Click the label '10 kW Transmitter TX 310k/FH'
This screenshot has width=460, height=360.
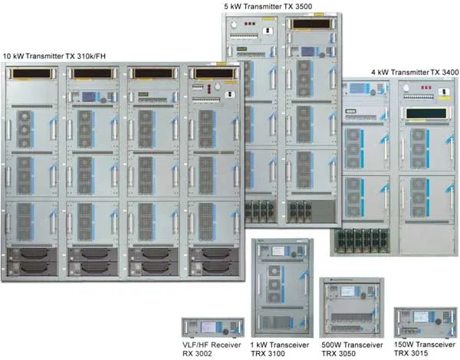tap(54, 56)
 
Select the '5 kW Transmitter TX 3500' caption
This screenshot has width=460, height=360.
tap(268, 6)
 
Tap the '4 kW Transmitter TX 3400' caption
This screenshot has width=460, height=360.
tap(415, 72)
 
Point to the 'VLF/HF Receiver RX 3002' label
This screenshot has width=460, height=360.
tap(212, 349)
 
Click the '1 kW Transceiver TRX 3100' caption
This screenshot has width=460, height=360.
tap(280, 349)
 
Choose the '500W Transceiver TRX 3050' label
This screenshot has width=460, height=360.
tap(352, 349)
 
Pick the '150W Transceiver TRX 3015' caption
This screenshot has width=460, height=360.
tap(425, 349)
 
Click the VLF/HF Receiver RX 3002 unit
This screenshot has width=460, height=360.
tap(212, 328)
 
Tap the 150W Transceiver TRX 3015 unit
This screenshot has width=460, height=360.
tap(426, 322)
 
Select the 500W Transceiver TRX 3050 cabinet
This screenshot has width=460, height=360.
tap(351, 307)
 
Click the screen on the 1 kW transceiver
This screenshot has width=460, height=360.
tap(278, 250)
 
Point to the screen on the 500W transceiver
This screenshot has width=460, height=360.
tap(347, 291)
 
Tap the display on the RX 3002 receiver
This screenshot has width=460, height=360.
tap(209, 327)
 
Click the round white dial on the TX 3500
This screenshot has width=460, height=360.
tap(234, 25)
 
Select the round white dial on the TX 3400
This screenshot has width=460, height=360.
tap(406, 88)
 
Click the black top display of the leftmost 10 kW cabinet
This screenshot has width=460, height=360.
tap(31, 74)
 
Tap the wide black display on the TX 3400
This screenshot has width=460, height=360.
tap(426, 113)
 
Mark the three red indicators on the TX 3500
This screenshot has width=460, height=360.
tap(250, 24)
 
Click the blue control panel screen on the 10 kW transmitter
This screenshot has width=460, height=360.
tap(89, 97)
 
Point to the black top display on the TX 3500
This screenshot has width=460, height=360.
tap(311, 24)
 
